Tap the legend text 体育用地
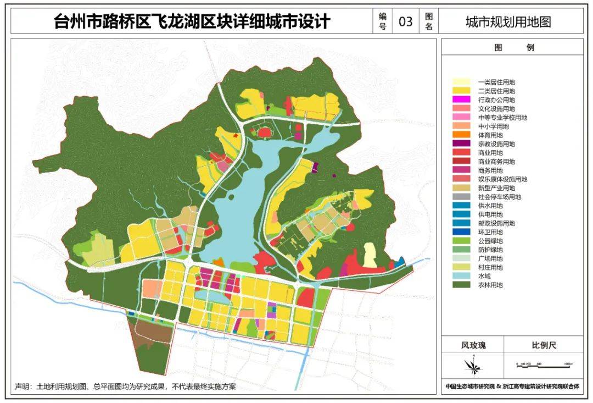(x=490, y=135)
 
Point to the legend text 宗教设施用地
(x=496, y=144)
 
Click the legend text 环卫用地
(x=490, y=232)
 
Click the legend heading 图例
(x=512, y=48)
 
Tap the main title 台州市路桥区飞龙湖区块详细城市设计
(x=192, y=21)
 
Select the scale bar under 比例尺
(x=544, y=365)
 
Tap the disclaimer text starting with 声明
(x=125, y=387)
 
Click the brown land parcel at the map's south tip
(x=152, y=331)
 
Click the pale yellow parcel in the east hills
(x=371, y=256)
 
